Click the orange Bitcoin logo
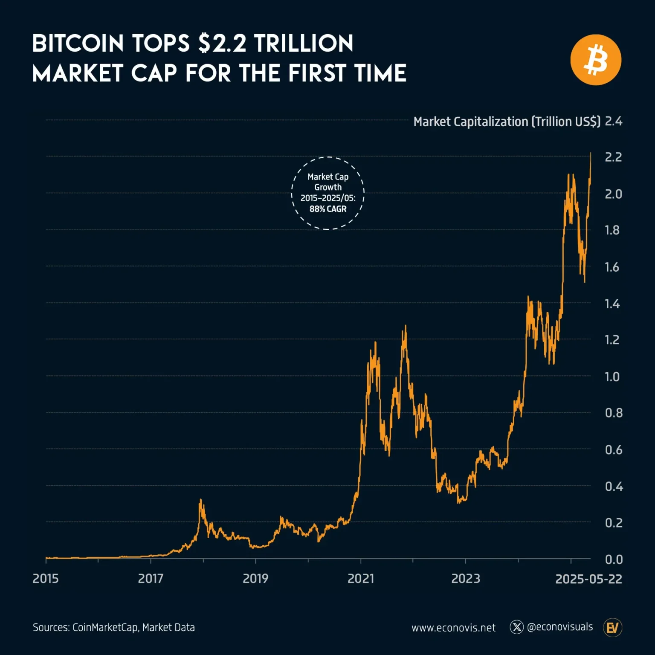[x=595, y=60]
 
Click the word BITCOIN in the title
[x=78, y=44]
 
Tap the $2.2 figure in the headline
[x=222, y=44]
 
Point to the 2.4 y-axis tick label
[x=613, y=122]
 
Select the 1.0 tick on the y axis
[x=612, y=377]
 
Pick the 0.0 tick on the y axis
[x=614, y=559]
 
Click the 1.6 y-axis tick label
[x=612, y=267]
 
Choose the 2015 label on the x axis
[x=46, y=579]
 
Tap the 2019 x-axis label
[x=255, y=579]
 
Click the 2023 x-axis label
[x=466, y=579]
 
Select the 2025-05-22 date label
[x=588, y=579]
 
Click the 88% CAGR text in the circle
[x=328, y=209]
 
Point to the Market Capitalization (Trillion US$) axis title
[x=507, y=122]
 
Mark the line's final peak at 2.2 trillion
[x=591, y=153]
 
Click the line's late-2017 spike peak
[x=200, y=500]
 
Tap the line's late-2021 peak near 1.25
[x=405, y=326]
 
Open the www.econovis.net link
[x=453, y=628]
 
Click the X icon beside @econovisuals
[x=516, y=627]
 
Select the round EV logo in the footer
[x=613, y=628]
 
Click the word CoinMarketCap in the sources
[x=105, y=628]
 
